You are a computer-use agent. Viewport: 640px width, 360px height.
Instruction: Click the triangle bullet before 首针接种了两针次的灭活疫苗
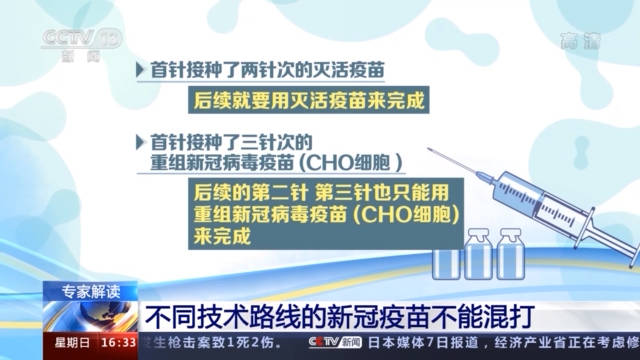(140, 71)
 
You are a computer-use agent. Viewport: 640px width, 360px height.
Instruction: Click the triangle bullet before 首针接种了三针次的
(140, 141)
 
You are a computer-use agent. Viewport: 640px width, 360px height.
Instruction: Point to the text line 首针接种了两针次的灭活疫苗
(268, 71)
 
